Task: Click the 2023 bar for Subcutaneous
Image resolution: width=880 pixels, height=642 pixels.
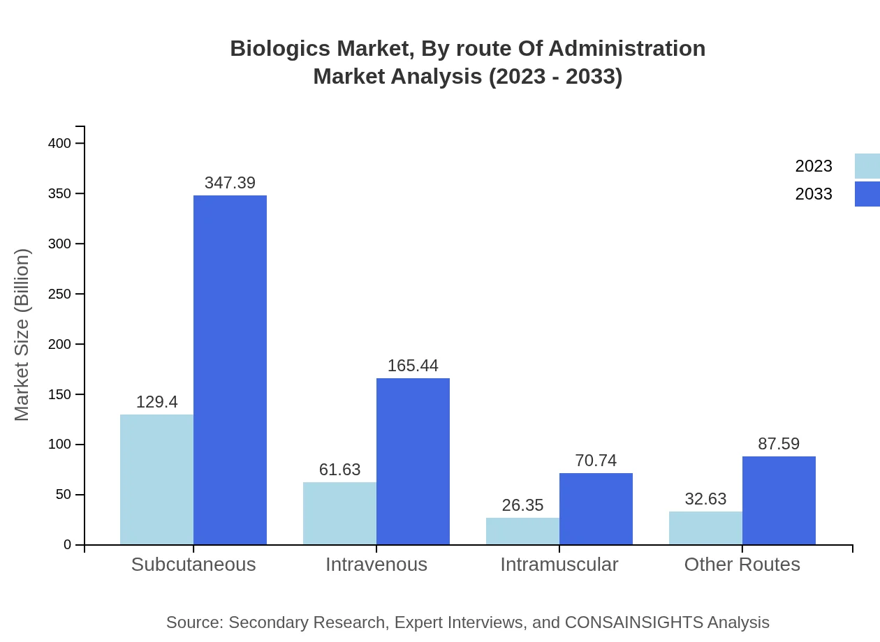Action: (x=156, y=479)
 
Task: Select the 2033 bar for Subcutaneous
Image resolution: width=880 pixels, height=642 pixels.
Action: (x=230, y=370)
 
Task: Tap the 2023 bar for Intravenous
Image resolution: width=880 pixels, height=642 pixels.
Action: (x=339, y=513)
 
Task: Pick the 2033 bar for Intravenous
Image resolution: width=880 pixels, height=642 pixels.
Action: (x=413, y=461)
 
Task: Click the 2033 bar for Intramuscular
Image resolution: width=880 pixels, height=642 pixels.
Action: (x=596, y=509)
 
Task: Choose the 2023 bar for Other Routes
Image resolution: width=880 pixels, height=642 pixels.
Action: (x=705, y=528)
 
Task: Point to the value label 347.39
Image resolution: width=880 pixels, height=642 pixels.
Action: (x=230, y=183)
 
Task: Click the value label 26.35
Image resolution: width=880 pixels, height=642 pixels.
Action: (x=522, y=505)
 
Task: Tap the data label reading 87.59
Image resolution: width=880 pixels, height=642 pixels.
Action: (x=779, y=444)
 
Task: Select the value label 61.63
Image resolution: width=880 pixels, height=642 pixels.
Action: (x=339, y=470)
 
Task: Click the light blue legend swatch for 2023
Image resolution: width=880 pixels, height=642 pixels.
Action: (x=867, y=166)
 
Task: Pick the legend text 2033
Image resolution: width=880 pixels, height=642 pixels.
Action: (x=814, y=194)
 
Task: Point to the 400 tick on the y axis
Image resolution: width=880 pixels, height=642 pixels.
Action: (x=59, y=143)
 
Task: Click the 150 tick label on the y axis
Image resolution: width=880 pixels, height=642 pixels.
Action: (x=59, y=394)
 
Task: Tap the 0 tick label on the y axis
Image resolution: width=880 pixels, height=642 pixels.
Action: (x=68, y=544)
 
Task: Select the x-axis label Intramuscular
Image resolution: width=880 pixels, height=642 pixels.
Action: (x=559, y=564)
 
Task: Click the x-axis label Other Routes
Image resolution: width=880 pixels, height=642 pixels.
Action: (x=742, y=564)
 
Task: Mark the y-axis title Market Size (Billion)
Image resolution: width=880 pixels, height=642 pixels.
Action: (x=22, y=335)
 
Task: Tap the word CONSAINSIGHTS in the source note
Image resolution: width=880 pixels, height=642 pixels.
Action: (x=633, y=622)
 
